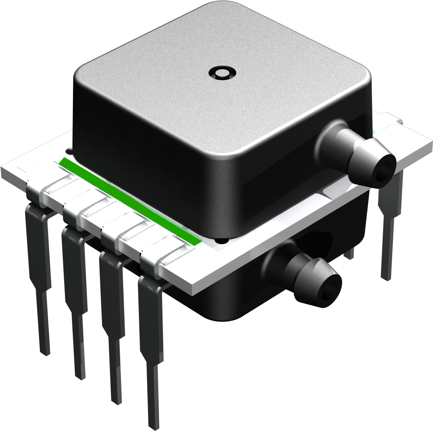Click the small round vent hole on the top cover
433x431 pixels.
click(x=223, y=72)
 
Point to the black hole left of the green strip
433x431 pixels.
click(x=69, y=151)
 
